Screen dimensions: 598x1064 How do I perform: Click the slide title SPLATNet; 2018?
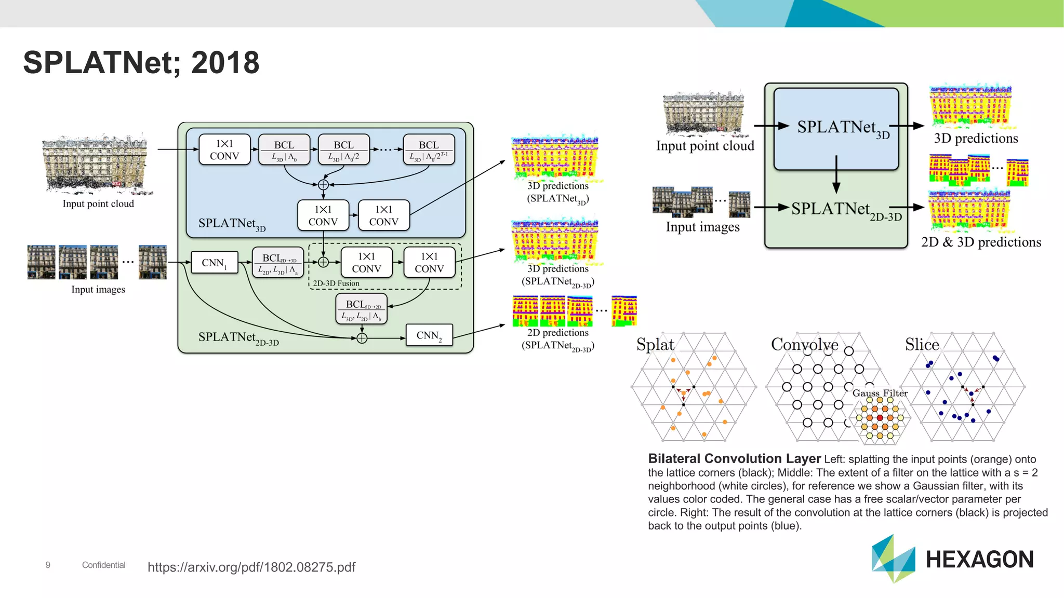pos(141,63)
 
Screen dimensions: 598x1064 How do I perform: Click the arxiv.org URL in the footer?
pos(251,567)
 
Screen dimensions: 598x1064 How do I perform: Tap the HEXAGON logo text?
pos(979,560)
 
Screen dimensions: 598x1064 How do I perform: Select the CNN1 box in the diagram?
pos(214,263)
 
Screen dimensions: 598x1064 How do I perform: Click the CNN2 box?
pos(429,335)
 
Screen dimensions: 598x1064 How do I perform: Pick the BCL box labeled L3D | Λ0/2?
pos(343,150)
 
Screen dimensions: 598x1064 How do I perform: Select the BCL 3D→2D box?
pos(362,309)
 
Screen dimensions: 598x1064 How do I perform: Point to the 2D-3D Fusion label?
pos(336,283)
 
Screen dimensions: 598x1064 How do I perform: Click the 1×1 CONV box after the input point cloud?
pos(224,150)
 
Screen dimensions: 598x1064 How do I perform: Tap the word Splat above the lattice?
pos(655,345)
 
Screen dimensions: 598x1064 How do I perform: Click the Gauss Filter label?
pos(880,393)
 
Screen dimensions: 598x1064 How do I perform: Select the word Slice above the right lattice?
pos(922,345)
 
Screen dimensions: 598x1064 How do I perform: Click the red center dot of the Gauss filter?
pos(880,417)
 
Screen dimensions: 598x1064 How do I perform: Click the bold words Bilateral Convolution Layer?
pos(734,459)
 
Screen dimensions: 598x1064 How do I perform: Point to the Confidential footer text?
pos(103,565)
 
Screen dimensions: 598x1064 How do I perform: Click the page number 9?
pos(48,565)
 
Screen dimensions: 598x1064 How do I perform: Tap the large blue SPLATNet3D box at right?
pos(836,128)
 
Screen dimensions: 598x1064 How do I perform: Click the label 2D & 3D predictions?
pos(981,242)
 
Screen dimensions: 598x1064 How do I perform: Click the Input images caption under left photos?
pos(98,290)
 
